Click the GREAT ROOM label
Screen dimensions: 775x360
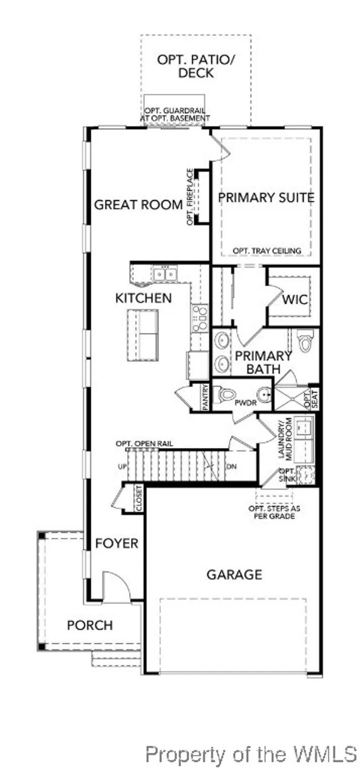[x=138, y=205]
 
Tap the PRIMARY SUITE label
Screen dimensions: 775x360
[x=266, y=197]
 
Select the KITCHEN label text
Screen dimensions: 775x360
[x=143, y=298]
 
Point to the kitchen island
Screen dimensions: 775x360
[x=143, y=335]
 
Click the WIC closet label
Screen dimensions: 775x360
[x=295, y=300]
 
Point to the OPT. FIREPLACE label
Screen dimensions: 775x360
[x=190, y=196]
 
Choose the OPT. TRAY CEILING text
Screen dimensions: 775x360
[x=267, y=251]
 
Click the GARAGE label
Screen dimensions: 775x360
[x=234, y=574]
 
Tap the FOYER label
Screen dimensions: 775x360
[x=117, y=543]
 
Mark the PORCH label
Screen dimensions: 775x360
[x=90, y=625]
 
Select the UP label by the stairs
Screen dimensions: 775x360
[x=122, y=466]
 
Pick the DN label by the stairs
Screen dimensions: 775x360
[x=231, y=466]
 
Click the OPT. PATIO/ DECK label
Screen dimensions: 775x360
[x=196, y=66]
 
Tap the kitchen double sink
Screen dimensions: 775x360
[x=165, y=274]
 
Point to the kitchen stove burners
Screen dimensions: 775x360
[x=199, y=318]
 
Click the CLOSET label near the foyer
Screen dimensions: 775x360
[x=139, y=499]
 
